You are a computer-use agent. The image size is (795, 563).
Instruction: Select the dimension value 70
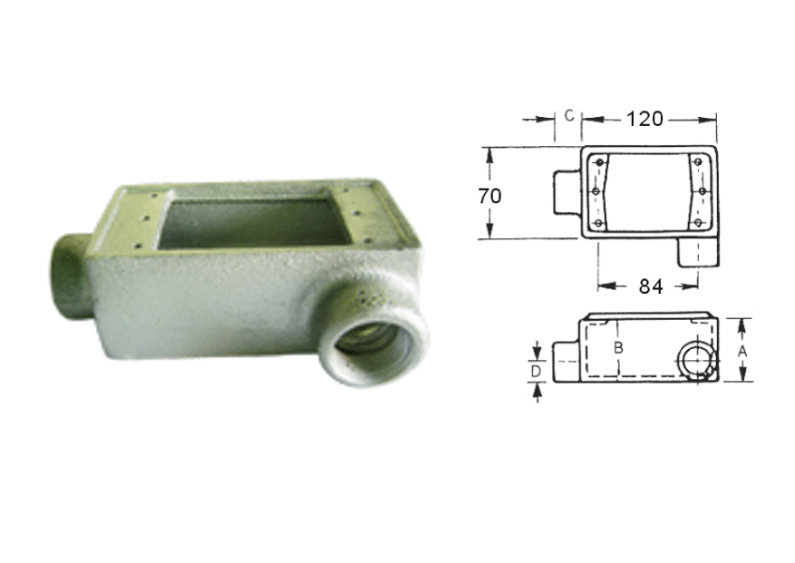pos(490,194)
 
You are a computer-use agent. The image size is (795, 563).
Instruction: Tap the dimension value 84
pos(649,286)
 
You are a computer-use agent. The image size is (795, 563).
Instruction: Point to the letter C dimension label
pos(567,115)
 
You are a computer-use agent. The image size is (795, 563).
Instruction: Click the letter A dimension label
pos(742,349)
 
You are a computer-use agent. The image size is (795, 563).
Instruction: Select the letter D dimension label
pos(536,372)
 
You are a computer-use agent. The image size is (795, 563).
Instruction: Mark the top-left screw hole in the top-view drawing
pos(598,163)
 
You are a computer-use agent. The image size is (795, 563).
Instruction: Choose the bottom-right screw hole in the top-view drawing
pos(699,222)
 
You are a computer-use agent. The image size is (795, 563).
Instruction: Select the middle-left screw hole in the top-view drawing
pos(596,191)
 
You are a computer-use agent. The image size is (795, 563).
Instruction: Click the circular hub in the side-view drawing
pos(696,361)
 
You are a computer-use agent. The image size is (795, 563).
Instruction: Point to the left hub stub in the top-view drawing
pos(565,191)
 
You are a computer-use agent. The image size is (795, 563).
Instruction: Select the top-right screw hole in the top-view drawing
pos(698,163)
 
